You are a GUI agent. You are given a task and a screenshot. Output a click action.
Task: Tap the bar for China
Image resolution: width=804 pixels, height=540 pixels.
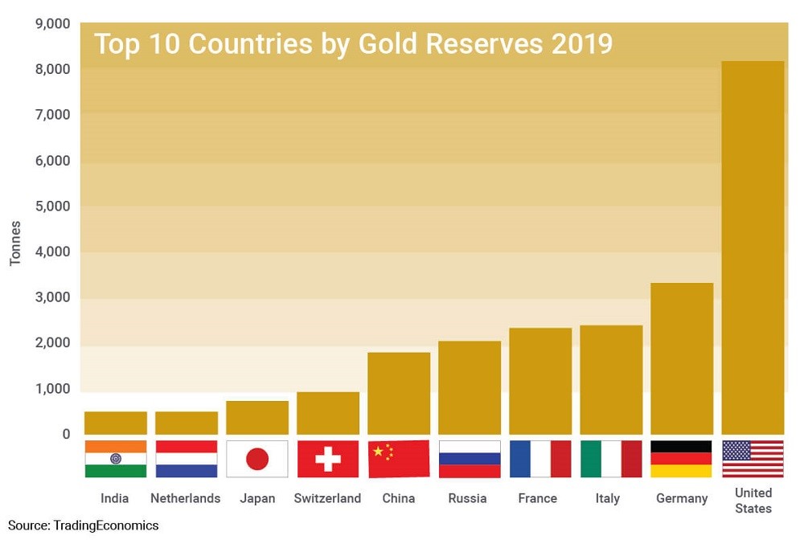click(x=399, y=393)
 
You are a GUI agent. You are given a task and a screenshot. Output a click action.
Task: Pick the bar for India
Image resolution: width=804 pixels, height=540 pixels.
click(x=116, y=423)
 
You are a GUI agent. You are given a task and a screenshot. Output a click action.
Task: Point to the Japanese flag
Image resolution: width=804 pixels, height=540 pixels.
click(x=257, y=459)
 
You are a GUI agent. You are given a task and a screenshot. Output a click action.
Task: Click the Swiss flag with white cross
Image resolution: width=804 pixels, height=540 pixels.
click(x=328, y=459)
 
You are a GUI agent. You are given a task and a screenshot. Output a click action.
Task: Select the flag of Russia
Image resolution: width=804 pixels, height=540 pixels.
click(x=470, y=459)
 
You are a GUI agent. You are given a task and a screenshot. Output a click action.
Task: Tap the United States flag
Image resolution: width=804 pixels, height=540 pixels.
click(x=753, y=459)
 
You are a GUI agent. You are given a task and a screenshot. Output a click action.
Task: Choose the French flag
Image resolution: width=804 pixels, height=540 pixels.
click(x=540, y=459)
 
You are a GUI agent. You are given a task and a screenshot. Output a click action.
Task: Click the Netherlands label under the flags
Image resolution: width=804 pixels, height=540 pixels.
click(x=187, y=498)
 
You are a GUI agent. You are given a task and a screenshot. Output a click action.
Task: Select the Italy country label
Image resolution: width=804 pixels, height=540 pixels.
click(x=608, y=498)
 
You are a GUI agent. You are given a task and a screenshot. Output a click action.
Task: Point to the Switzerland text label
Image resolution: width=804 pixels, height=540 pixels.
click(x=328, y=498)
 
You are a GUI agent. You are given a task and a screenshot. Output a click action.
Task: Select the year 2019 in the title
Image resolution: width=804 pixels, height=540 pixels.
click(x=581, y=44)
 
